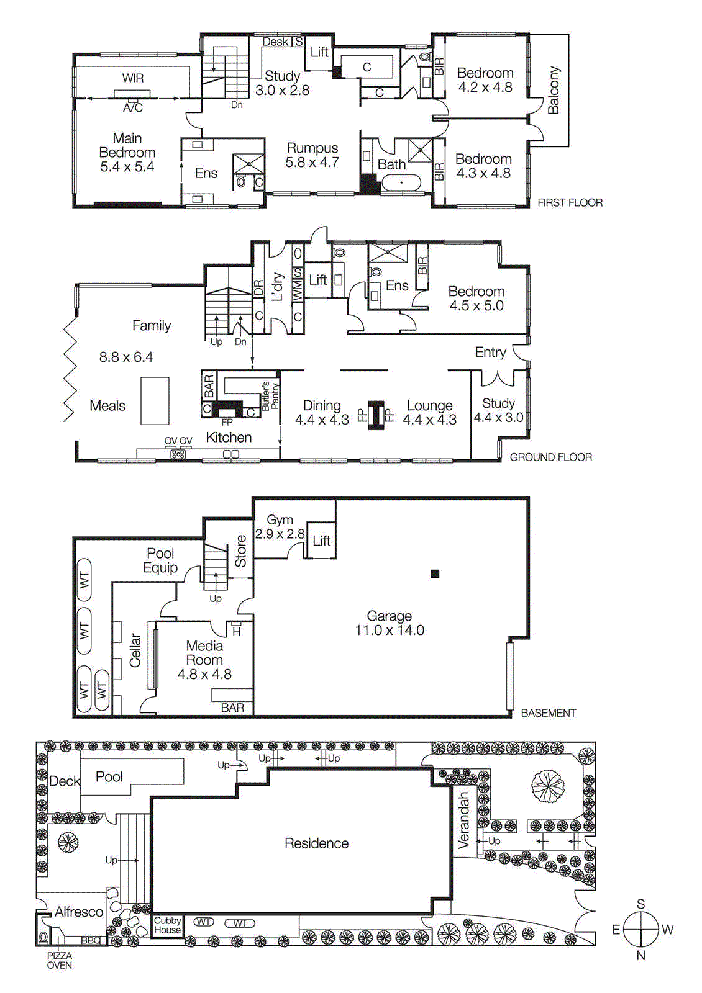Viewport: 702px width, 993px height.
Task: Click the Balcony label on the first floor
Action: (554, 91)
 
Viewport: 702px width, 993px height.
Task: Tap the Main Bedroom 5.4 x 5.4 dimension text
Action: (127, 167)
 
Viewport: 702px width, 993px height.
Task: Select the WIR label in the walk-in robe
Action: (132, 78)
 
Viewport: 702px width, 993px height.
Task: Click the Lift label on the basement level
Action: (321, 541)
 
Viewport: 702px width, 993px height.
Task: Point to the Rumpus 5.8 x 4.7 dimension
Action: (312, 163)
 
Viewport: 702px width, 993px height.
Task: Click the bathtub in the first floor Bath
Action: (401, 183)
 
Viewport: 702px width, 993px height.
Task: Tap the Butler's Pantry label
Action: (270, 396)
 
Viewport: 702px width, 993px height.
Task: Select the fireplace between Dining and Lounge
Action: (376, 415)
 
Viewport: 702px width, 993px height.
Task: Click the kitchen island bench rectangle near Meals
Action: (155, 401)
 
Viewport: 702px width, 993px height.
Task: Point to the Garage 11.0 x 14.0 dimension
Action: (390, 631)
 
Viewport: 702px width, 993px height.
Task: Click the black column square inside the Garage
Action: (435, 574)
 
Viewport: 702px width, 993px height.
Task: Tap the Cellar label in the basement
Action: (135, 650)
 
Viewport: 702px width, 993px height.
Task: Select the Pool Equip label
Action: (160, 560)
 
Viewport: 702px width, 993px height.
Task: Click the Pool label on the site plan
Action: (109, 777)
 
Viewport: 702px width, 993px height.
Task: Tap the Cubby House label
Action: (167, 925)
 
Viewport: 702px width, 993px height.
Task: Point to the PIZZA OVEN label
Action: (60, 960)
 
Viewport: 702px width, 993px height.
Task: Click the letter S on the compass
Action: (640, 904)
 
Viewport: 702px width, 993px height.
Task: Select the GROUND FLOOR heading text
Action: (550, 457)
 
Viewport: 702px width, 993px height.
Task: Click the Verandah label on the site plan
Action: (463, 820)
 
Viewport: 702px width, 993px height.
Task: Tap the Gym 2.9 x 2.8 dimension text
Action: (280, 534)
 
